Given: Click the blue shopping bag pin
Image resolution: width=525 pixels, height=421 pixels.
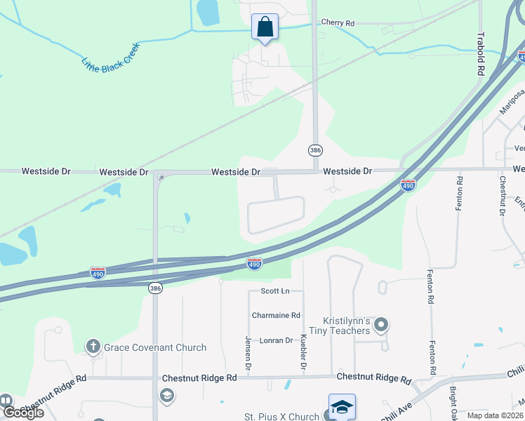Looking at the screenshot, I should [x=265, y=27].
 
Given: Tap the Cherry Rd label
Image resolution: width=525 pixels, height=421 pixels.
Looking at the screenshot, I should [x=338, y=23].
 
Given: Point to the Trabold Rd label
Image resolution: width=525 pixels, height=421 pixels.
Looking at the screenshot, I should [x=481, y=54].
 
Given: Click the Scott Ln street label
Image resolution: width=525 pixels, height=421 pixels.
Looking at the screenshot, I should [x=274, y=290].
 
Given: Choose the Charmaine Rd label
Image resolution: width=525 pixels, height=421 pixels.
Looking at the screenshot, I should [x=276, y=316].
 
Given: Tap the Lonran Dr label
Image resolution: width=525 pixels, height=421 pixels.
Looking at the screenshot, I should [x=276, y=340].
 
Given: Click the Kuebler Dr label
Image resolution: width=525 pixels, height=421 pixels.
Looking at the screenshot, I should [x=304, y=354].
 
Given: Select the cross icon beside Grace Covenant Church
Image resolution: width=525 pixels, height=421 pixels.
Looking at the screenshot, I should [x=93, y=346].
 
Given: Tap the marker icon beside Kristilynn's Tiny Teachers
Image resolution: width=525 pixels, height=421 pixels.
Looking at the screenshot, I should [x=381, y=324].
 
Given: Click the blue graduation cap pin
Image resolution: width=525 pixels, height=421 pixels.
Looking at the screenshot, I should [x=342, y=407].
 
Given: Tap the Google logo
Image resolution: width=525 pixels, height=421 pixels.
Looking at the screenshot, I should [x=22, y=412].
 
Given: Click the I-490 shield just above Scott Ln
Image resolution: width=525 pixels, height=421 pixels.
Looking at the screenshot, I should [x=254, y=264].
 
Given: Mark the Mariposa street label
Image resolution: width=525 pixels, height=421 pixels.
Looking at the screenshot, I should [x=512, y=102].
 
